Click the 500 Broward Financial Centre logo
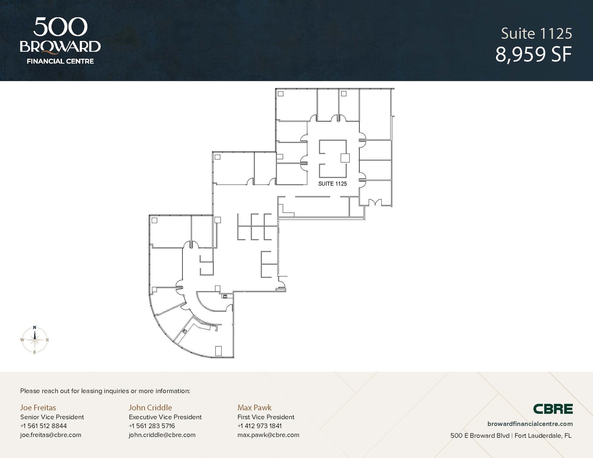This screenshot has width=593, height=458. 60,41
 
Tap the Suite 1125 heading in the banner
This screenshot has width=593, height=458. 537,34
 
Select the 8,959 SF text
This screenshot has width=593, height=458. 533,55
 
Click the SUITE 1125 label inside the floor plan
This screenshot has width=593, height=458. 332,184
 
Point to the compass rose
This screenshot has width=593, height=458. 35,340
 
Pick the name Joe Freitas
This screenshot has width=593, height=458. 38,407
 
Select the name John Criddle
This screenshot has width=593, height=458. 150,407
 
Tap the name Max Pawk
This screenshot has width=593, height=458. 255,407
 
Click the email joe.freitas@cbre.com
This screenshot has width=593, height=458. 51,435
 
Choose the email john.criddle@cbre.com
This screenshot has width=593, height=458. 162,435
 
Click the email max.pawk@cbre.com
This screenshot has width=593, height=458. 268,435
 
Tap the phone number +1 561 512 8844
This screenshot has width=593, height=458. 43,426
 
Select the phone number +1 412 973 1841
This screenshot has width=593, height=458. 259,426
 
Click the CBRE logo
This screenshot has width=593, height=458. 553,409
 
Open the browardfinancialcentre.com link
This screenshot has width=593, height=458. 530,424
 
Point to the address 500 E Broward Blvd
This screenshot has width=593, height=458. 480,435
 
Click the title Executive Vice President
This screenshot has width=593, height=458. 165,417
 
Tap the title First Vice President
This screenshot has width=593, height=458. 266,417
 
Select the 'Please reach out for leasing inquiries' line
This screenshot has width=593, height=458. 105,391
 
